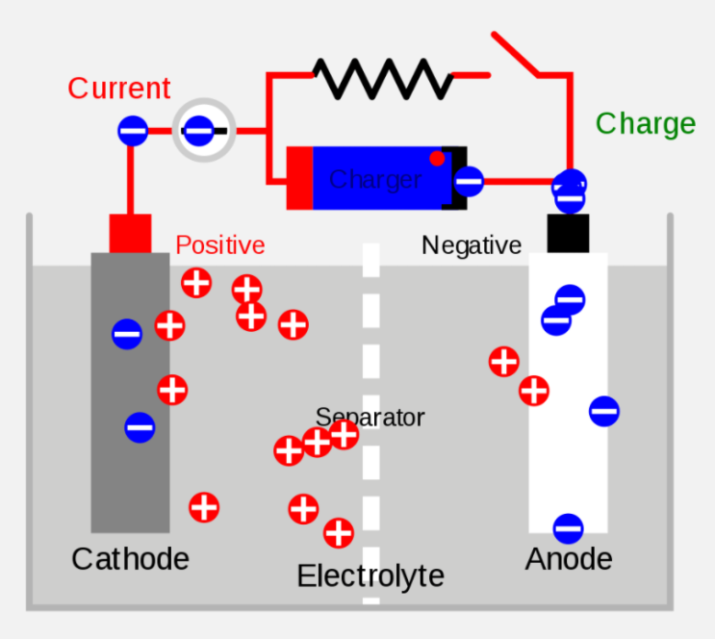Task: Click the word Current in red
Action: point(119,88)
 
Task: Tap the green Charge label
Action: point(646,124)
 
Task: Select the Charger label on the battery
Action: point(375,179)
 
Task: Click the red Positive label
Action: point(220,245)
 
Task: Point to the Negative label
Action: point(472,245)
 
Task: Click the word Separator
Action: point(370,417)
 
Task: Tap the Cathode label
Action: point(131,559)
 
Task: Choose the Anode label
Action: point(569,559)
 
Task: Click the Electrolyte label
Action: point(370,576)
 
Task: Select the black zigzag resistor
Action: point(383,79)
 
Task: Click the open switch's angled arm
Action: point(515,53)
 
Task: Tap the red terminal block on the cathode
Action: point(131,233)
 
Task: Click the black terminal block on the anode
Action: point(568,233)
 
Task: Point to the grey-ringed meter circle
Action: point(204,130)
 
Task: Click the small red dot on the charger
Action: point(437,158)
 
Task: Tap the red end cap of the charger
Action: point(299,178)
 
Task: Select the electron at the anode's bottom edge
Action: point(568,528)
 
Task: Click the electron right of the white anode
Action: point(604,412)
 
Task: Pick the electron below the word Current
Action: point(133,131)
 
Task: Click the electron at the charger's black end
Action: point(469,182)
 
